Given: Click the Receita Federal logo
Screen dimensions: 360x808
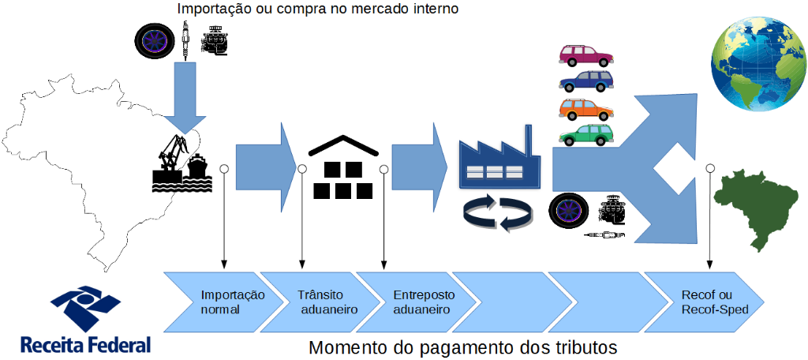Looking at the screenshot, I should (x=85, y=320).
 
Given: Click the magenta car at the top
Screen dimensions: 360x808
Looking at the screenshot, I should (x=586, y=55).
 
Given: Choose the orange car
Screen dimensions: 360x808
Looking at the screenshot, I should (x=586, y=108).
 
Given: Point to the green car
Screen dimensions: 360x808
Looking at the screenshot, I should (x=586, y=135).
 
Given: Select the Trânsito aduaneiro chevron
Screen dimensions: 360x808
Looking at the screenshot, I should (x=320, y=302).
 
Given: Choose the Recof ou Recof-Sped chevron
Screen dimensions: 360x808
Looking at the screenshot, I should (x=706, y=302).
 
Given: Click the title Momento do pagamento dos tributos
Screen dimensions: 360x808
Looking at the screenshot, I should (x=462, y=347).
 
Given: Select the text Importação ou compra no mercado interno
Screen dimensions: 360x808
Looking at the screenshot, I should (x=318, y=9).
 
